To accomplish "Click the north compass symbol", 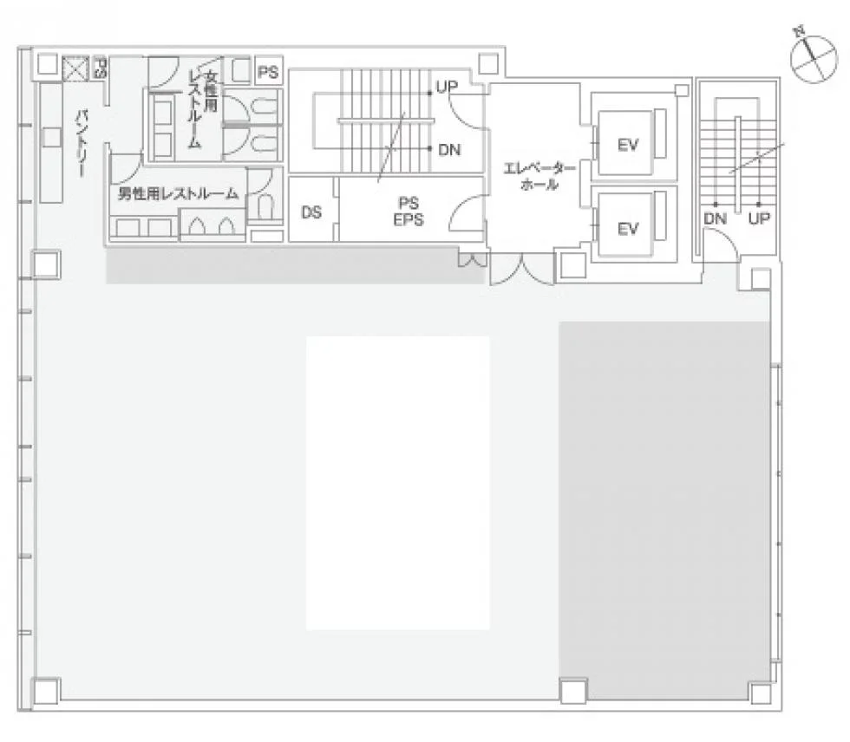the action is coord(814,58).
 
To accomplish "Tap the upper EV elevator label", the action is coord(628,145).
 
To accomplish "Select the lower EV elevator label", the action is coord(628,229).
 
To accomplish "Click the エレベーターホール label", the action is coord(539,177).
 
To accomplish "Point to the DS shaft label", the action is coord(311,212).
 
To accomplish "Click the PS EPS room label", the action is coord(409,212).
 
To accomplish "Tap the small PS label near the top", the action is coord(268,72).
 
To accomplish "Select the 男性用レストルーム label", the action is coord(179,193).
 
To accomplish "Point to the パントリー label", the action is coord(82,144).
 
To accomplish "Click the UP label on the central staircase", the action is coord(448,86).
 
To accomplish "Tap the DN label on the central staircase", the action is coord(449,149).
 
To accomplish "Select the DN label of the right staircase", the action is coord(715,218).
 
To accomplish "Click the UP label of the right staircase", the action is coord(759,218).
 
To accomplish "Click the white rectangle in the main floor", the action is coord(398,483).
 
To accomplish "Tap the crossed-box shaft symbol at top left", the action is coord(75,68).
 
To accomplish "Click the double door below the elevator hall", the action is coord(521,270).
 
